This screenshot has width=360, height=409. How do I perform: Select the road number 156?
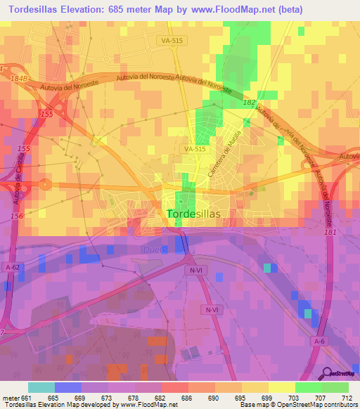17,216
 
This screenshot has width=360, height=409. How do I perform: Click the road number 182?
249,103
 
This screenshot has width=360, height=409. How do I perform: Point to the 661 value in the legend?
27,398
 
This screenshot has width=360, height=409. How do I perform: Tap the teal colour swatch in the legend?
41,387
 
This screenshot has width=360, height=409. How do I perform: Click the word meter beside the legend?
11,398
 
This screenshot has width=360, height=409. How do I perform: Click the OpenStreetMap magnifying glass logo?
327,373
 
